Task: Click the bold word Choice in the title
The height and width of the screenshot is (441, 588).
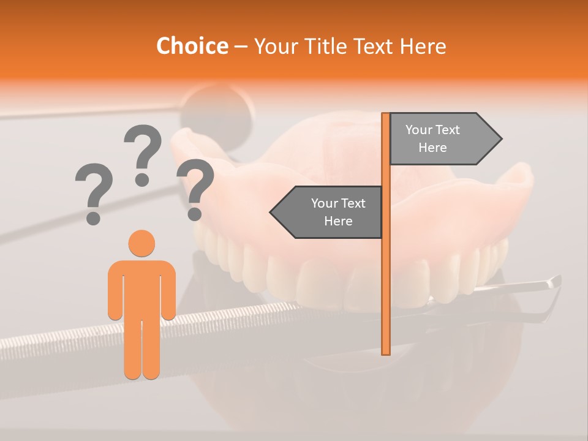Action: tap(192, 46)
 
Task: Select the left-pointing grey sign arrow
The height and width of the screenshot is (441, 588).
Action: tap(326, 212)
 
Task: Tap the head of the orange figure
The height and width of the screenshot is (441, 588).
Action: tap(141, 243)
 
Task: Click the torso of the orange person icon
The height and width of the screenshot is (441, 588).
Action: tap(141, 288)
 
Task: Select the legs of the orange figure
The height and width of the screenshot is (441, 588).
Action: tap(141, 349)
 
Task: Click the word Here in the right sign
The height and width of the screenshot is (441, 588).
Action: tap(432, 148)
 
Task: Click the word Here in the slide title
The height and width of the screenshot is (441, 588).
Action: tap(423, 47)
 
